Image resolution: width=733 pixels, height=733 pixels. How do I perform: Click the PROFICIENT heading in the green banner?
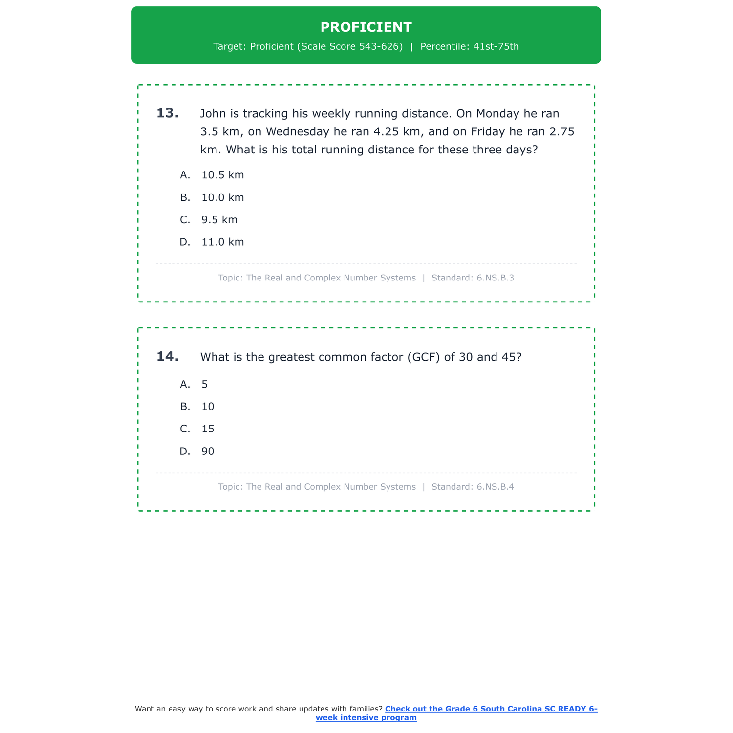coord(366,27)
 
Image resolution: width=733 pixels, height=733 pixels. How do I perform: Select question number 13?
coord(167,113)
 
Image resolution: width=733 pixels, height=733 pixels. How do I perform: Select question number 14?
coord(167,357)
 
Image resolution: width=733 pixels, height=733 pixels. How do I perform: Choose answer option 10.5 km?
coord(222,175)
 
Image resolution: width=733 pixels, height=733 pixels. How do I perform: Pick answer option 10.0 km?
coord(222,197)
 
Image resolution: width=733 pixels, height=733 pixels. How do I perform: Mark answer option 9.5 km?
coord(219,220)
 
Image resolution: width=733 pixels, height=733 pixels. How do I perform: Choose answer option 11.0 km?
coord(222,242)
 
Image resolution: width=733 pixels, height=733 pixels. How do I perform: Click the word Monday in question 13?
coord(497,114)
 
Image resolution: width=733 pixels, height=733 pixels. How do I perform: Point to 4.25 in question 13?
coord(389,132)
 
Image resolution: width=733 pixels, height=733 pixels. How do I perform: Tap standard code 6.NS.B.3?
coord(495,278)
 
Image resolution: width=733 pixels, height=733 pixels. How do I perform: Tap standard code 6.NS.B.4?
coord(495,487)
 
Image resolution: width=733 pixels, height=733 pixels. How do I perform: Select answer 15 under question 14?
coord(208,429)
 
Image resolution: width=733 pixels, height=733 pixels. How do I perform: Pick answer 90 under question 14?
coord(208,452)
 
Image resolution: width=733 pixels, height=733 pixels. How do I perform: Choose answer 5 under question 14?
coord(205,385)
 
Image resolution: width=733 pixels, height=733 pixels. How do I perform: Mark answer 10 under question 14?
coord(208,407)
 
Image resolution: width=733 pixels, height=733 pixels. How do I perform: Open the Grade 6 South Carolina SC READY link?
coord(491,709)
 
